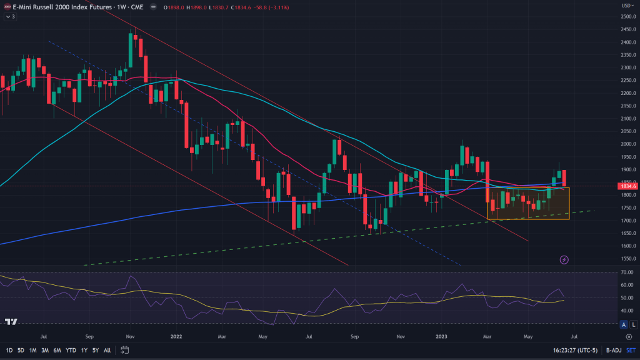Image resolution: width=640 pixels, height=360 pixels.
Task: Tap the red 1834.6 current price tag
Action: (x=627, y=186)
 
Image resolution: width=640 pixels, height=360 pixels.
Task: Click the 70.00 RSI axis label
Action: (x=626, y=272)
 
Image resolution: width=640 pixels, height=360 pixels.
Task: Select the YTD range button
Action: (x=70, y=349)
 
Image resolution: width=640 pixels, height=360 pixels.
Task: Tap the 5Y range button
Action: (x=96, y=349)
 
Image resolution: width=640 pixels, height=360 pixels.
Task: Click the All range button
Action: (x=107, y=349)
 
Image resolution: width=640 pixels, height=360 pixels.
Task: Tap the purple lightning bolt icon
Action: (x=564, y=259)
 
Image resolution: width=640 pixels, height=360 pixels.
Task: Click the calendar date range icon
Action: (x=125, y=349)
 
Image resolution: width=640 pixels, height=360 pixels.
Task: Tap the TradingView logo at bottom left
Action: (x=11, y=322)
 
